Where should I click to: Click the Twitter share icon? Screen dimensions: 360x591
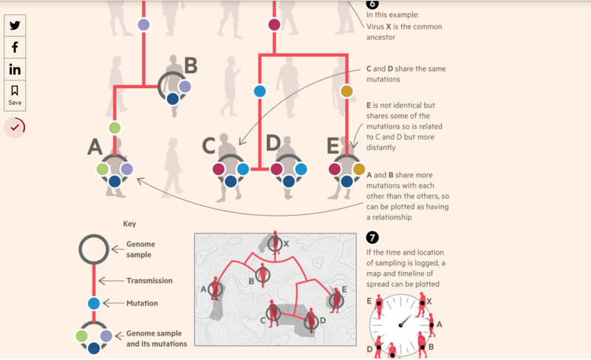click(x=15, y=25)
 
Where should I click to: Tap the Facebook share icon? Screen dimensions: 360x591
click(x=15, y=47)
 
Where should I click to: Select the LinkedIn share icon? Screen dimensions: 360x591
click(x=15, y=69)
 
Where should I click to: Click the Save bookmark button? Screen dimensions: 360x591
click(x=15, y=95)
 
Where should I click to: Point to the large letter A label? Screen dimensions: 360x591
click(x=95, y=147)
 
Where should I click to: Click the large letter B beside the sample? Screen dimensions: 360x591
click(x=191, y=67)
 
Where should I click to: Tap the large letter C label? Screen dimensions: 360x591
click(x=209, y=146)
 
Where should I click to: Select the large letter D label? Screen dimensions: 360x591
click(x=273, y=143)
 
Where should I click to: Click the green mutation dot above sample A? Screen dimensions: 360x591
click(x=115, y=128)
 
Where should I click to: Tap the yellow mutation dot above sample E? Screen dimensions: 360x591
click(x=346, y=91)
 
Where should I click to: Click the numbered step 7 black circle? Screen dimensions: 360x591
click(x=372, y=237)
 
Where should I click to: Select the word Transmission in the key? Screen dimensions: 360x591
click(x=149, y=281)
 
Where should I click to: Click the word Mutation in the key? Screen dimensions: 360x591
click(x=141, y=303)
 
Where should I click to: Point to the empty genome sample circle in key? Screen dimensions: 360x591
click(x=94, y=250)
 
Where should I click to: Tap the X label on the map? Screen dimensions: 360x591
click(x=286, y=243)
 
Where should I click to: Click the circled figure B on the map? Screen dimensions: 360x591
click(x=263, y=276)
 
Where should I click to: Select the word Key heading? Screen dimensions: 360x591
click(x=129, y=223)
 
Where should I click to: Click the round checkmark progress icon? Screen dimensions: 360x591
click(x=15, y=127)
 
